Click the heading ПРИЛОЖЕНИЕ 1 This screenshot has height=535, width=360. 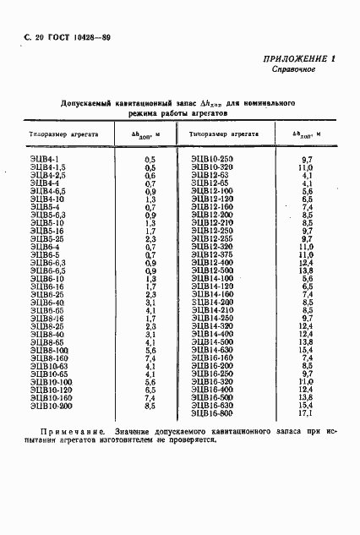299,58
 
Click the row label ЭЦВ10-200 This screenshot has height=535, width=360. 52,406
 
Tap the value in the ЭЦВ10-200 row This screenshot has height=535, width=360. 150,406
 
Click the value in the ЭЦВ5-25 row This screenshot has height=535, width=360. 150,238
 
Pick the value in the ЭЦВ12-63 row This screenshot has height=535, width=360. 307,174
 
